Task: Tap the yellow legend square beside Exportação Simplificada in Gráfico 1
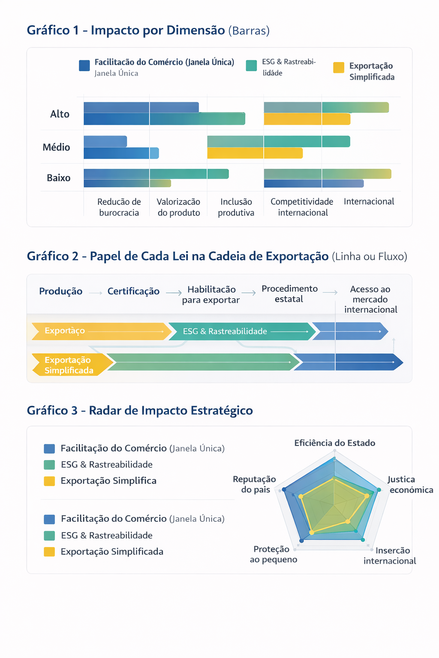[338, 67]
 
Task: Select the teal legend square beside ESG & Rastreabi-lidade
[251, 66]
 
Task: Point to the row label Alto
[60, 114]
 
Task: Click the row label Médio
[56, 147]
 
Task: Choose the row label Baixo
[58, 178]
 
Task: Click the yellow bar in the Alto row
[307, 119]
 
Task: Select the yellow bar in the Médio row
[255, 153]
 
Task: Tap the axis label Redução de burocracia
[119, 207]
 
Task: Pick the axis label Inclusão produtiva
[236, 207]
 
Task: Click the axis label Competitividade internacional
[302, 207]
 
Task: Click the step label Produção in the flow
[61, 291]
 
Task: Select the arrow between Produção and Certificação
[96, 293]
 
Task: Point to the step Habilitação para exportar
[211, 295]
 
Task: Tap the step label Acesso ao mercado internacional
[370, 299]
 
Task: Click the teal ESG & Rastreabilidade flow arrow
[242, 331]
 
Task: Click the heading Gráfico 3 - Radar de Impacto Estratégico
[140, 410]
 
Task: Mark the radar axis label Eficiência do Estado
[335, 443]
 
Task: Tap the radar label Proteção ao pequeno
[274, 554]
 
